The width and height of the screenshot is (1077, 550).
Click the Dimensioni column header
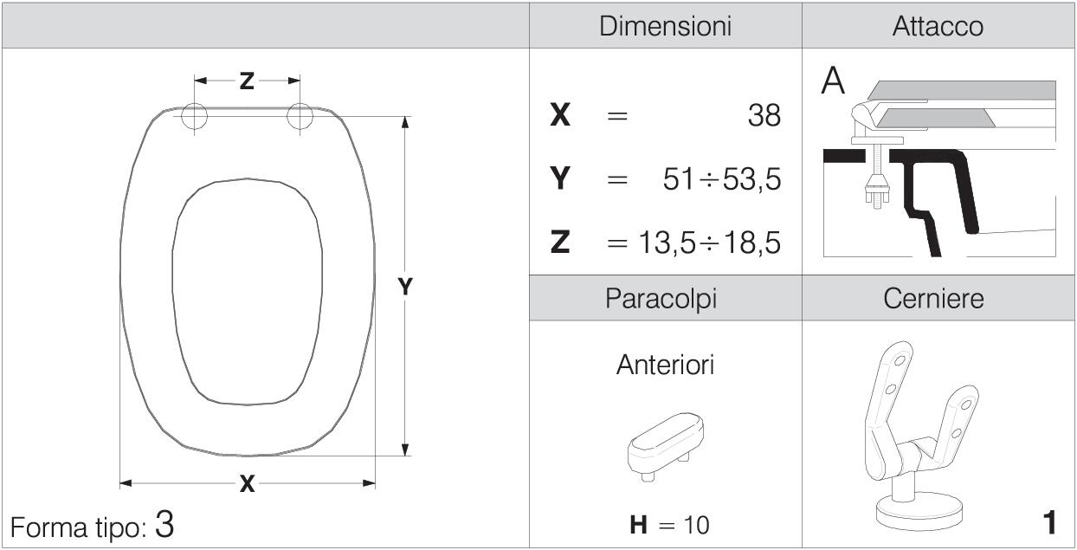click(x=666, y=26)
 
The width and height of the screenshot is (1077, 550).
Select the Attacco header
click(x=938, y=26)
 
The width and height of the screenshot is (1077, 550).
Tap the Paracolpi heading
click(x=661, y=299)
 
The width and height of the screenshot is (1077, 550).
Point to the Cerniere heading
click(x=934, y=298)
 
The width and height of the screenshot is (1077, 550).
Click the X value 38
click(x=764, y=115)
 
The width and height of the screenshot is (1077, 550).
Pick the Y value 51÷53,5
click(x=722, y=179)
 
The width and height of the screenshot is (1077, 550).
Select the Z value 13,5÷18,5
click(x=709, y=242)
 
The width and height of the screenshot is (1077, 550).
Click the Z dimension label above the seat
click(x=247, y=81)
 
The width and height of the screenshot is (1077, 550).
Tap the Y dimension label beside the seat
click(x=405, y=287)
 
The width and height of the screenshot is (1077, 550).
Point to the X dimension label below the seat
click(x=247, y=483)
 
